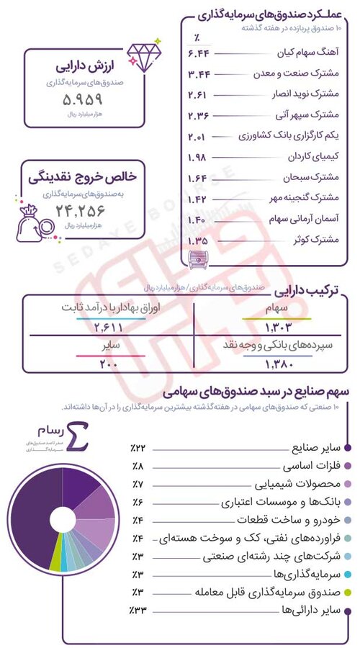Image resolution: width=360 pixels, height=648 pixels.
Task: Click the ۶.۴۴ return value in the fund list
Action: (198, 54)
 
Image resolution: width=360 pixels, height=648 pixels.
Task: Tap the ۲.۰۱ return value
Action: (198, 137)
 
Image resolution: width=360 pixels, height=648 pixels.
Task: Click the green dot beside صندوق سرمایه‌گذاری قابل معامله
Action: (348, 593)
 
